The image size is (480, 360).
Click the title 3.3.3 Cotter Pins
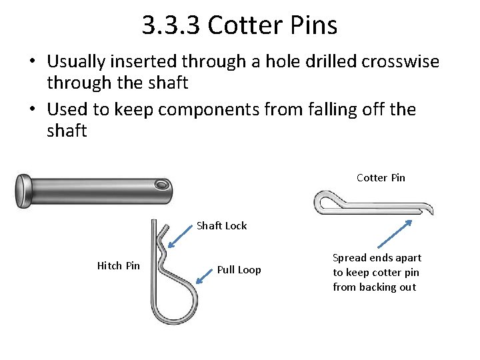point(239,26)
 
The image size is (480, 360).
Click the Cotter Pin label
point(381,177)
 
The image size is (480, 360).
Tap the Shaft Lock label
point(221,225)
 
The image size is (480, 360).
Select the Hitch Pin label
point(119,266)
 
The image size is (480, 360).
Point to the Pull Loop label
point(239,270)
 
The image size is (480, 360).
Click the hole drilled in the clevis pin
point(161,184)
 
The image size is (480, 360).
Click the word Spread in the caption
point(349,258)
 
